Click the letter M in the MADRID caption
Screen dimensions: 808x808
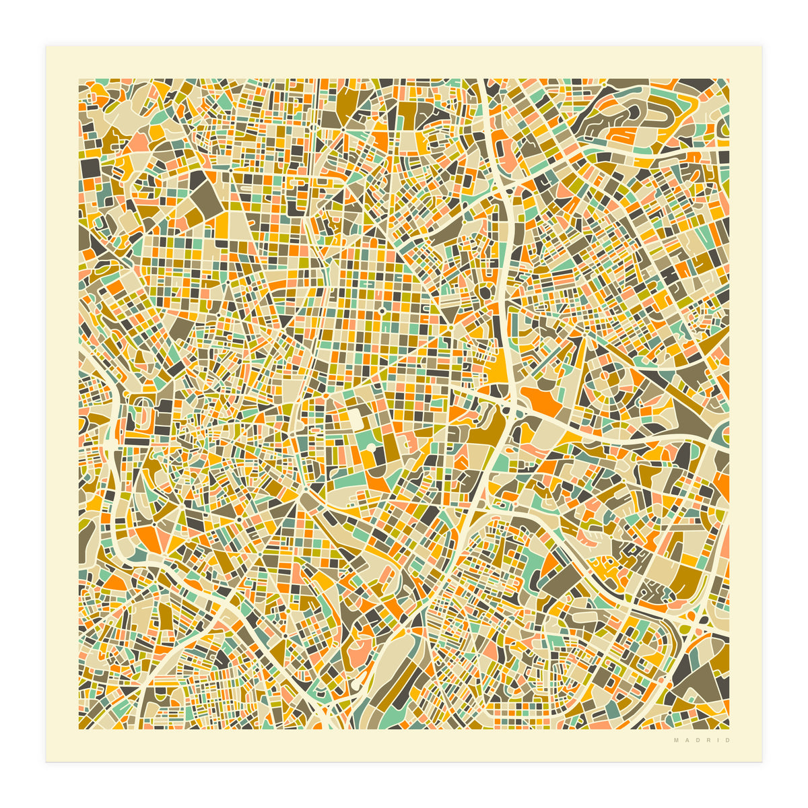pos(676,741)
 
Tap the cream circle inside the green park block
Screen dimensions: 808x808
pos(370,446)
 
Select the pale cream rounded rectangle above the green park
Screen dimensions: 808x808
pos(355,418)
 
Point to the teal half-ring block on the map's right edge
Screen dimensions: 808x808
pos(722,432)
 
